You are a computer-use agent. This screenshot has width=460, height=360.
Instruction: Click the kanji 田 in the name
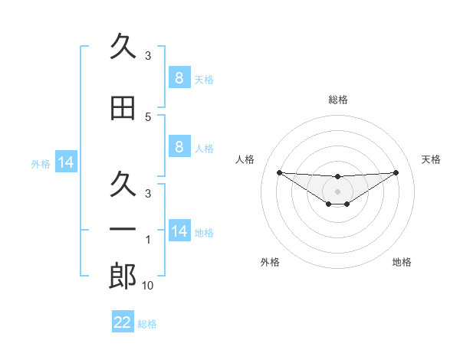point(123,108)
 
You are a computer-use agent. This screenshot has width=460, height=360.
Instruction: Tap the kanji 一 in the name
point(123,229)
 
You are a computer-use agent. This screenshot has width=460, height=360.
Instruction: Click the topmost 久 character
point(123,47)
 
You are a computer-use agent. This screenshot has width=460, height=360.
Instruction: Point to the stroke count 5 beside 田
point(148,117)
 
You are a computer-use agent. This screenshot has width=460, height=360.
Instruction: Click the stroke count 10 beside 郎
point(148,286)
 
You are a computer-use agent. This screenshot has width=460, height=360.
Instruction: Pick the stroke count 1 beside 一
point(148,240)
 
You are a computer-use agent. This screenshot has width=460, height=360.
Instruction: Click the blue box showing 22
point(123,322)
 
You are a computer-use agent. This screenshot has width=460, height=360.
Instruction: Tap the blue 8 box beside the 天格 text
point(179,77)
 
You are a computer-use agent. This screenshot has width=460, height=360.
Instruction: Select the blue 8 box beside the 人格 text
point(179,146)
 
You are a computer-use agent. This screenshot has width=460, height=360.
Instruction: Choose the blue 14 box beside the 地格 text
point(179,231)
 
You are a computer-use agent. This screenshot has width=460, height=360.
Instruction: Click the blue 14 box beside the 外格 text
point(66,162)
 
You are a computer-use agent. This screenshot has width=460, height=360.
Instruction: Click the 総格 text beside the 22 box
point(147,324)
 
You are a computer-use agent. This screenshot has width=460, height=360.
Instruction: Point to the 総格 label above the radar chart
point(337,100)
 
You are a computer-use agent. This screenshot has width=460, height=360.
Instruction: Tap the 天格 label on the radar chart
point(432,159)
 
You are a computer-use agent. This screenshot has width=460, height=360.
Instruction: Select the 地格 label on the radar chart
point(402,263)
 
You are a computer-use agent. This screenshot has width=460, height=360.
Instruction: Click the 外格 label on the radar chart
point(270,263)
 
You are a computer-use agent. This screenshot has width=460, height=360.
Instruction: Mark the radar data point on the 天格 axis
point(396,172)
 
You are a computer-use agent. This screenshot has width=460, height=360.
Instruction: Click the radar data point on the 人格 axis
point(279,172)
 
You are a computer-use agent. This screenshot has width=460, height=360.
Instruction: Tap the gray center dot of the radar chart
point(337,191)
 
